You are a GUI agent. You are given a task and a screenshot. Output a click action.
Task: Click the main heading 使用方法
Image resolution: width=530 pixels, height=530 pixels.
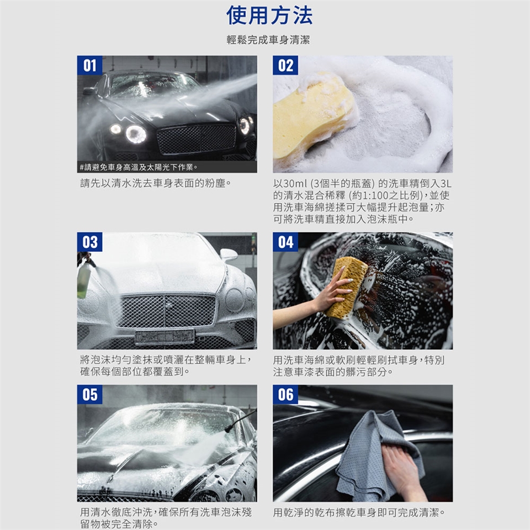click(x=269, y=15)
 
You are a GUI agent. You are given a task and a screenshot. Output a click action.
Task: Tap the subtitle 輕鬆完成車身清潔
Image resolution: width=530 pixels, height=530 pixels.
click(x=268, y=40)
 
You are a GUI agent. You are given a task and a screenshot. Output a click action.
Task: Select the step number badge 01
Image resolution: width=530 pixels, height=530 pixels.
click(x=89, y=65)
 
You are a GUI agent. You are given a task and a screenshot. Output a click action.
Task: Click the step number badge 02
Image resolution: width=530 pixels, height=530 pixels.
click(x=285, y=65)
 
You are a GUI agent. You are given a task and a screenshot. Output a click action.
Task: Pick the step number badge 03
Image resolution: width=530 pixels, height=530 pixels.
click(x=89, y=242)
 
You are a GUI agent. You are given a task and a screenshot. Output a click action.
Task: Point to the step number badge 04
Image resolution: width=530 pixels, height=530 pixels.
click(x=285, y=242)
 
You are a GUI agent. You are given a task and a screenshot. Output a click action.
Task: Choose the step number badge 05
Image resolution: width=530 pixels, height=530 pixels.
click(x=89, y=394)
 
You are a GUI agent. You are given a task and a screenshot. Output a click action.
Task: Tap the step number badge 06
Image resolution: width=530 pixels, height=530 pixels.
click(x=285, y=394)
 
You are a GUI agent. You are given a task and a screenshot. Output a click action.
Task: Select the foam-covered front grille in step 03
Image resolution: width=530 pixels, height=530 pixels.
click(x=165, y=311)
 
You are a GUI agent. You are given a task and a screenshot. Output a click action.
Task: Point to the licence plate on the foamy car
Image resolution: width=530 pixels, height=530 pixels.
click(x=165, y=337)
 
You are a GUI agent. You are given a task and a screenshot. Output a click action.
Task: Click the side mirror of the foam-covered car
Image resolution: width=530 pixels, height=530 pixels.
click(x=229, y=254)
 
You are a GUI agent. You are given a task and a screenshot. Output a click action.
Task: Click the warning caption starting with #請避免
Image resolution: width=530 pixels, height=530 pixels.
click(x=139, y=167)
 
